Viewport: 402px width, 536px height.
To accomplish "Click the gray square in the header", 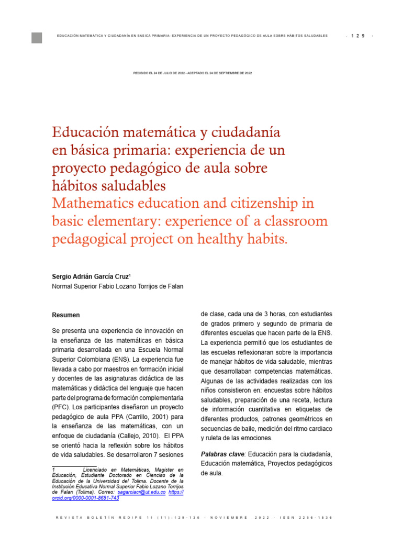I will point(37,38).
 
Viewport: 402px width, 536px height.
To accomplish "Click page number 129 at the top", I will point(358,36).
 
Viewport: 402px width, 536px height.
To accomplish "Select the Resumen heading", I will point(66,315).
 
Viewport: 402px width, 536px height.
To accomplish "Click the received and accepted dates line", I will point(193,73).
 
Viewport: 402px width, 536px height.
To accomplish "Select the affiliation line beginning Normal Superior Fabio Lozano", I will point(118,286).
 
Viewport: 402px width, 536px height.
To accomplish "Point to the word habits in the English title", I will point(264,239).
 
